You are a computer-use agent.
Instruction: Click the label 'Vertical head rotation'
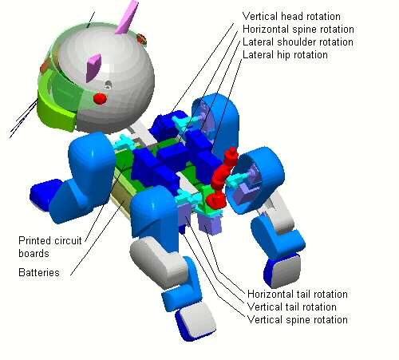coord(291,16)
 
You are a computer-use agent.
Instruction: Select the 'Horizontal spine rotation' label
coord(298,29)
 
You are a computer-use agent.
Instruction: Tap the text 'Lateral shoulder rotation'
coord(298,42)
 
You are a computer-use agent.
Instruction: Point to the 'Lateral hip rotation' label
coord(285,54)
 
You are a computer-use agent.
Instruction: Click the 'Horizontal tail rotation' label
coord(298,294)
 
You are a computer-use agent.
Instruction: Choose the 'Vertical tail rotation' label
coord(292,307)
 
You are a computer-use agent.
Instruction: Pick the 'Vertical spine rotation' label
coord(298,319)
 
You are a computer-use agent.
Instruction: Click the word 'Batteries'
coord(39,272)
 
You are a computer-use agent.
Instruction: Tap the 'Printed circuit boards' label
coord(49,247)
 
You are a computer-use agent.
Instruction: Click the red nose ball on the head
coord(101,98)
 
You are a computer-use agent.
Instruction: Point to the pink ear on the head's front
coord(93,68)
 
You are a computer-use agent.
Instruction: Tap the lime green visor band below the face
coord(57,113)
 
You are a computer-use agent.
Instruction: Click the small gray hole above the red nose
coord(108,85)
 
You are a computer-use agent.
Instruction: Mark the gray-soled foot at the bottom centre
coord(196,321)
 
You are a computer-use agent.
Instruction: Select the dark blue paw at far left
coord(45,193)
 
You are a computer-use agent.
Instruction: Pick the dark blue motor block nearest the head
coord(166,125)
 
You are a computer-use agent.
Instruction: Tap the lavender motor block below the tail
coord(210,224)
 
